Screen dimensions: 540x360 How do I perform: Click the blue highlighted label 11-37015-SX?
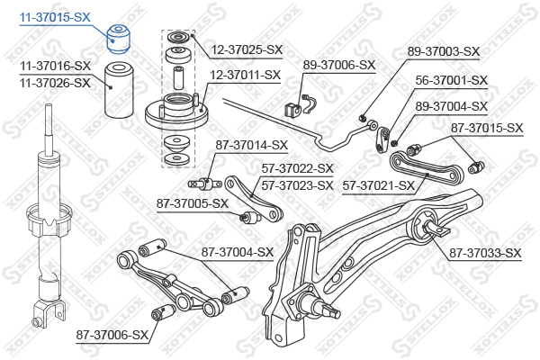pos(55,17)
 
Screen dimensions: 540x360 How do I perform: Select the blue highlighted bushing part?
pos(118,40)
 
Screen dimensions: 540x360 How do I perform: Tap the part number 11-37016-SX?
pos(55,66)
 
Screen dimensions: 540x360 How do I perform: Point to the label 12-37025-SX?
pos(247,50)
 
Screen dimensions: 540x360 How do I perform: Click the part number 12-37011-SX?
pos(245,75)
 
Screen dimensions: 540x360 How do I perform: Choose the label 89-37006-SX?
pos(339,65)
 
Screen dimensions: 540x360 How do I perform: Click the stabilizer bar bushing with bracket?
pos(301,105)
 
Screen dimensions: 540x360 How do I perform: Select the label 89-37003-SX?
pos(444,51)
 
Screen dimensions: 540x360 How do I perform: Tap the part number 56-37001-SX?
pos(452,81)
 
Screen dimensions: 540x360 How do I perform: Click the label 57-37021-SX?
pos(379,186)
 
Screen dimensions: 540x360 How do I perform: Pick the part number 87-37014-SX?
pos(251,146)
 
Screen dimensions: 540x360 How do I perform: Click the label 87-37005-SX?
pos(193,203)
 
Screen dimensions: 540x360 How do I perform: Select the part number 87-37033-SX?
pos(485,254)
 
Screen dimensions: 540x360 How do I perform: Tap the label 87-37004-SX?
pos(238,253)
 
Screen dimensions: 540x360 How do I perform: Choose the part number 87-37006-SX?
pos(112,335)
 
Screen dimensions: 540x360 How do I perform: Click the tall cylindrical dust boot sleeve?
pos(119,90)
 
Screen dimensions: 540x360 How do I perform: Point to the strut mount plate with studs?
pos(176,111)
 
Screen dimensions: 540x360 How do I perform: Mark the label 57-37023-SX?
pos(297,186)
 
